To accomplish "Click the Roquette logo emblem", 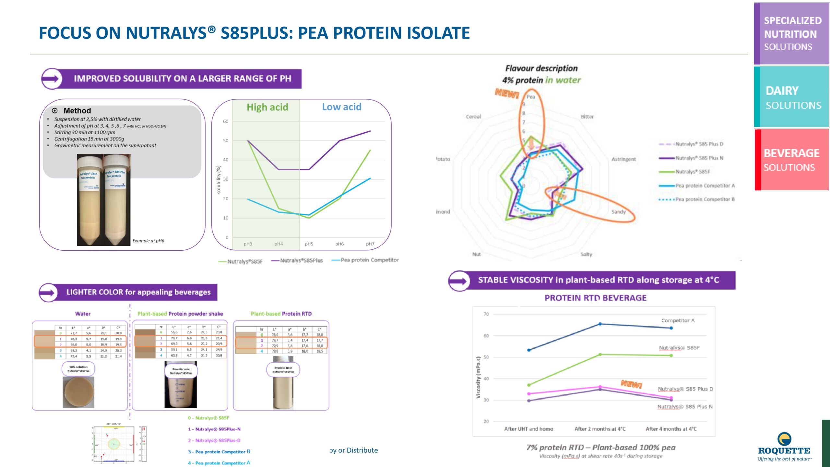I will [784, 439].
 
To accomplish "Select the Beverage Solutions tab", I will [791, 160].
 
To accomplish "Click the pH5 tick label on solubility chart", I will [309, 244].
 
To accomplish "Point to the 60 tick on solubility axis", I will [226, 121].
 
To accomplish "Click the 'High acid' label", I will [267, 107].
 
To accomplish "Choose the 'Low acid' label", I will [341, 107].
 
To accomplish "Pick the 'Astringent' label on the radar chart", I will [623, 159].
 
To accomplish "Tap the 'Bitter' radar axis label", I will [587, 117].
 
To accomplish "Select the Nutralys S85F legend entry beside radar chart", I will [692, 172].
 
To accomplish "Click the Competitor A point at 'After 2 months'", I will [600, 324].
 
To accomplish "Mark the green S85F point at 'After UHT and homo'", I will [529, 385].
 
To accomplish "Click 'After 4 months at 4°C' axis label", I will [671, 429].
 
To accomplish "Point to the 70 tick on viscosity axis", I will [486, 314].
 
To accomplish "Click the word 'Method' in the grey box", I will [77, 111].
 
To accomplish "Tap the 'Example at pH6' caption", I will [148, 241].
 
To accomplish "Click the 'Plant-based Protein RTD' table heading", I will [281, 314].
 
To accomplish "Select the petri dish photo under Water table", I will [78, 392].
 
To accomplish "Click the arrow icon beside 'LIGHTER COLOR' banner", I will [48, 293].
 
